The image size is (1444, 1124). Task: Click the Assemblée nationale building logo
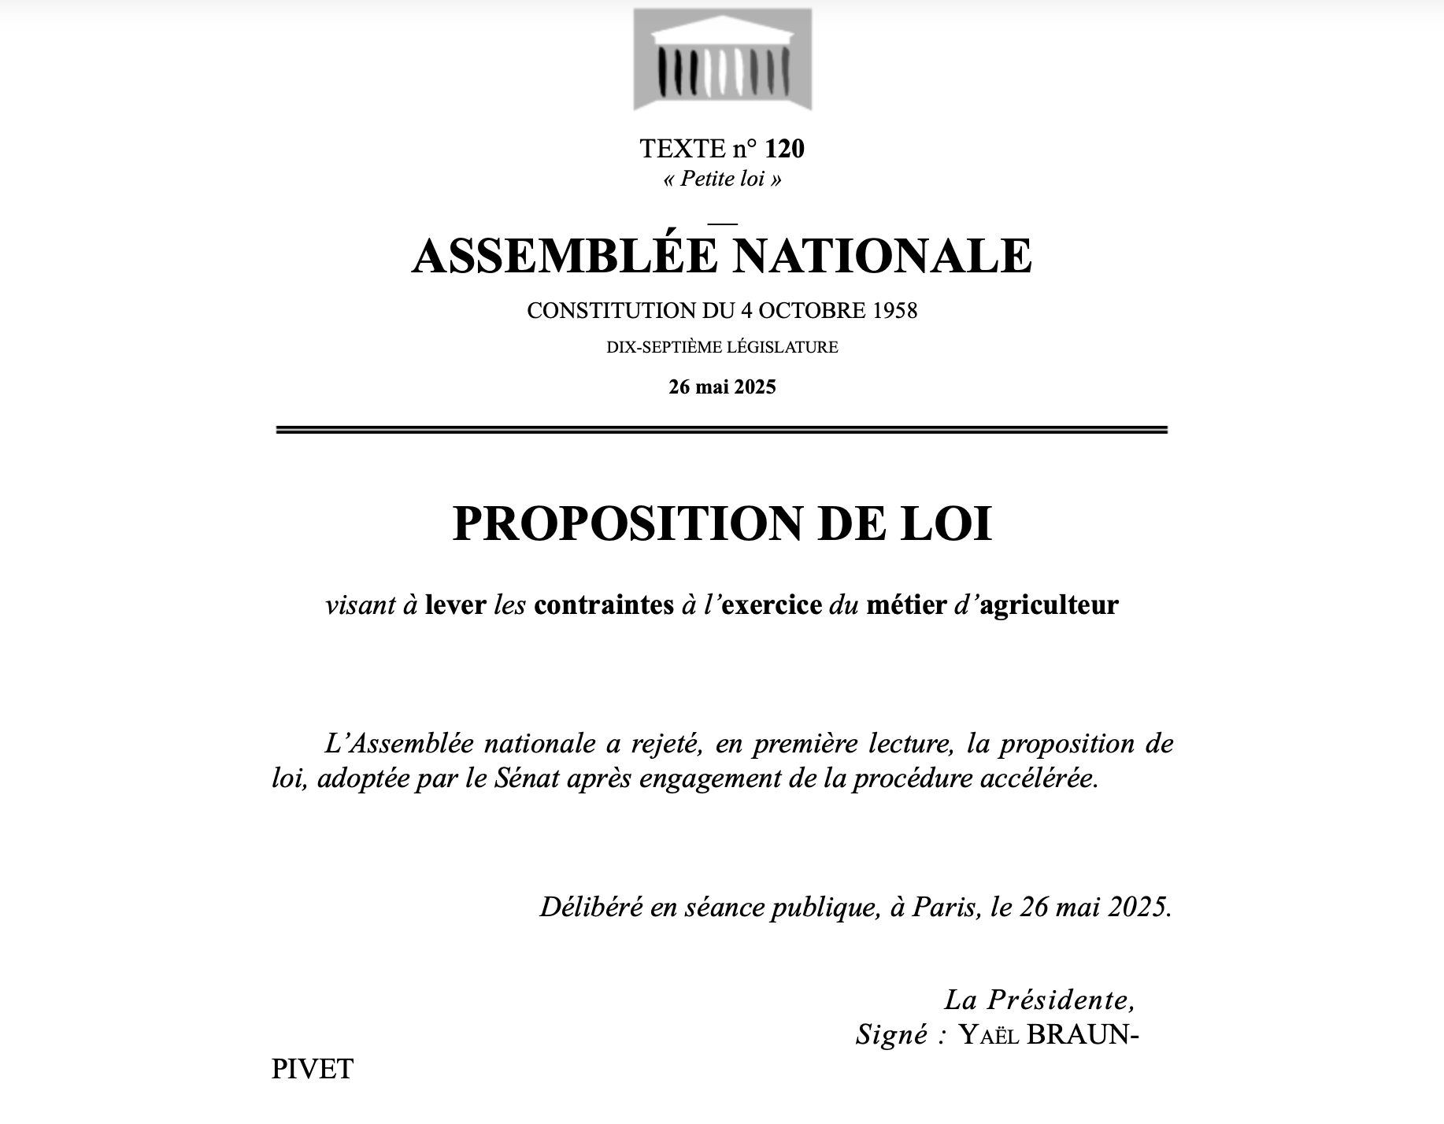(x=722, y=60)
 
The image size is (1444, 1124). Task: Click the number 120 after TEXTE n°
(x=784, y=148)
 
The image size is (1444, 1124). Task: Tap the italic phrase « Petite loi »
(x=722, y=179)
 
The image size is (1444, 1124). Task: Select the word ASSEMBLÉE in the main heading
(x=565, y=256)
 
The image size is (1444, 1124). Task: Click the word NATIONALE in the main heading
(x=882, y=256)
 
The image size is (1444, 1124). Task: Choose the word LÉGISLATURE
(x=793, y=346)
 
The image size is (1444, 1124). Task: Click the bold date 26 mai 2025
(x=722, y=386)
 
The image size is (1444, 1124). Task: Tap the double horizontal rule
(x=722, y=430)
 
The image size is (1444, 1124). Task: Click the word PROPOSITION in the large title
(x=628, y=523)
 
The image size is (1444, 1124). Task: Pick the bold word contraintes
(x=604, y=605)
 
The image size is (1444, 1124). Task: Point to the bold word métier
(x=906, y=605)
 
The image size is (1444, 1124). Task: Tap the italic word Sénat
(x=528, y=778)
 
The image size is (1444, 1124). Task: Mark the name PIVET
(x=313, y=1069)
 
